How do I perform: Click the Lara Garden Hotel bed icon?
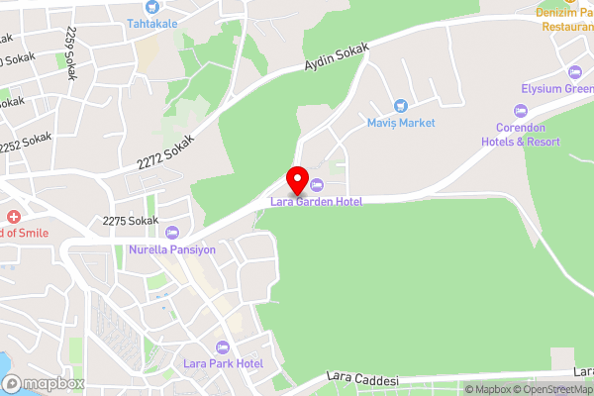pyautogui.click(x=317, y=186)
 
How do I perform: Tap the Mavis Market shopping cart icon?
pyautogui.click(x=400, y=106)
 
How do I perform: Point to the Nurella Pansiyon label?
pyautogui.click(x=172, y=250)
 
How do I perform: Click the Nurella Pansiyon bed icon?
pyautogui.click(x=173, y=234)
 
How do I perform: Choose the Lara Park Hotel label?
pyautogui.click(x=223, y=363)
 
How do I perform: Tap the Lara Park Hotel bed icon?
pyautogui.click(x=222, y=346)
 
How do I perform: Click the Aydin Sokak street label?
pyautogui.click(x=336, y=61)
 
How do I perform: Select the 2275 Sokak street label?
pyautogui.click(x=131, y=220)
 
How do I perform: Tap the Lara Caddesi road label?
pyautogui.click(x=362, y=380)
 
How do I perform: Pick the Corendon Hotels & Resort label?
pyautogui.click(x=529, y=136)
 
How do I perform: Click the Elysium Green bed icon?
pyautogui.click(x=575, y=72)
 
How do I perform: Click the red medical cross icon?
pyautogui.click(x=14, y=217)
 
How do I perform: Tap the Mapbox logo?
pyautogui.click(x=42, y=383)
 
